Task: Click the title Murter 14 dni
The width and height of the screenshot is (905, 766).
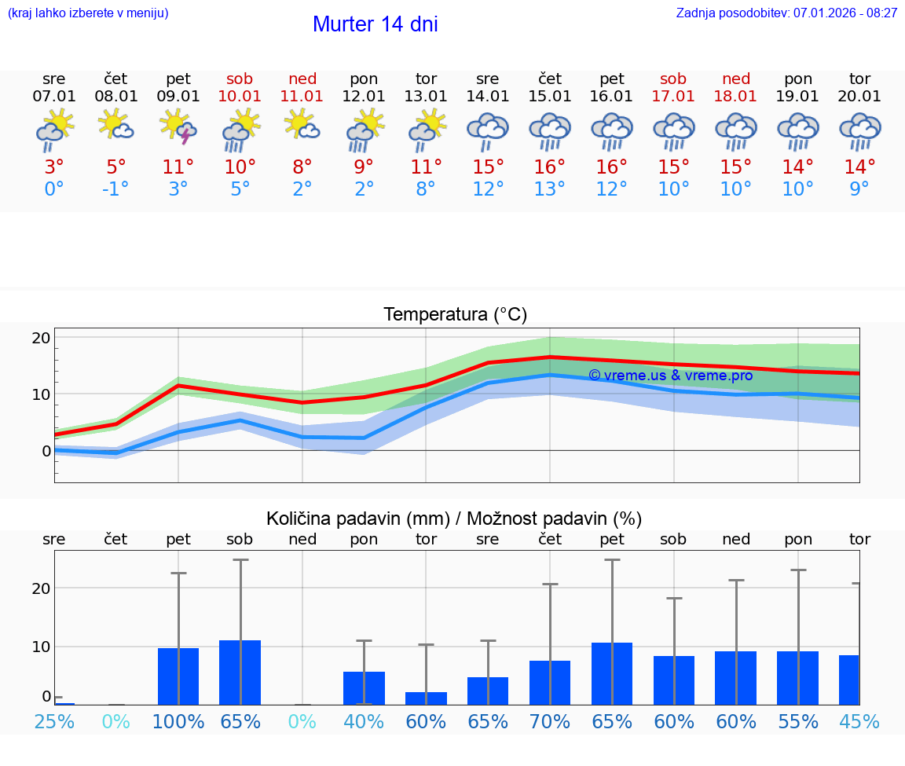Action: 375,24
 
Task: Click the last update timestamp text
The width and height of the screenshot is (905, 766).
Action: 786,13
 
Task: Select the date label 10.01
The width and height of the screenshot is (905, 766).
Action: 240,97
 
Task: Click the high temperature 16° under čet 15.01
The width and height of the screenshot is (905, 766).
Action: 549,167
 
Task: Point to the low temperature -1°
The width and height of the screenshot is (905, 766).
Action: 115,189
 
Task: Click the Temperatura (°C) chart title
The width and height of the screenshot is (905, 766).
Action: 455,315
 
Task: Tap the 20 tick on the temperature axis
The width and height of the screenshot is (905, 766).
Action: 41,338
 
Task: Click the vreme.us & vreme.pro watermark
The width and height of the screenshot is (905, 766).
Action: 670,376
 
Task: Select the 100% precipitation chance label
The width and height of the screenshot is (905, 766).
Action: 178,721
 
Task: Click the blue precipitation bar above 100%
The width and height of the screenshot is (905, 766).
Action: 178,676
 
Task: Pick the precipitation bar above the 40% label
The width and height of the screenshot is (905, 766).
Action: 364,688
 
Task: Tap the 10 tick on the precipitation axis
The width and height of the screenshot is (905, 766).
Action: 41,647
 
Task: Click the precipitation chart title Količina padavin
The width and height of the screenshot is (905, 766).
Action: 454,519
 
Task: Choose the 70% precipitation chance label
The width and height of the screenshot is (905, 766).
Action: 549,721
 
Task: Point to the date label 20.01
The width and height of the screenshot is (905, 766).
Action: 859,97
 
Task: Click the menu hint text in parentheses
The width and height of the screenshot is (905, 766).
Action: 88,13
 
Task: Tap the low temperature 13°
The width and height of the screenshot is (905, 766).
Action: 549,189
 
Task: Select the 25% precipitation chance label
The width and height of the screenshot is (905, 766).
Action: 54,721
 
